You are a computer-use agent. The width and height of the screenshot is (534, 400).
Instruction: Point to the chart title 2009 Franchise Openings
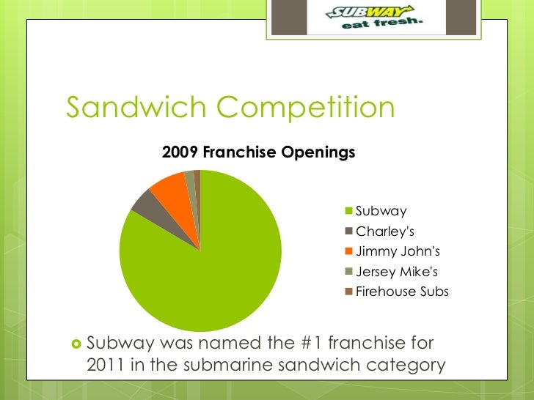click(x=258, y=152)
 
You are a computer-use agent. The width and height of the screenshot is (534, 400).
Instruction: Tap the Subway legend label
click(x=381, y=212)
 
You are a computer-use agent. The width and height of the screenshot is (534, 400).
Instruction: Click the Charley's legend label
click(x=385, y=232)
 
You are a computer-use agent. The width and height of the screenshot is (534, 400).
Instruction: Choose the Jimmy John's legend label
click(x=398, y=252)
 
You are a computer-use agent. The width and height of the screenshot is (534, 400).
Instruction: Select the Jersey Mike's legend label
click(x=397, y=272)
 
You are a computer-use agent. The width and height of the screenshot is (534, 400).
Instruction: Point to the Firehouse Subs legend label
click(x=402, y=292)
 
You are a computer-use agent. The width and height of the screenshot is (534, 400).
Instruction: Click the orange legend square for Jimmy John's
click(x=349, y=252)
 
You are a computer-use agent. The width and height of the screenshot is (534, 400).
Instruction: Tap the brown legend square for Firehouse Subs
click(x=349, y=292)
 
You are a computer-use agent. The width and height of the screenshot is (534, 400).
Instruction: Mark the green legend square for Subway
click(x=349, y=212)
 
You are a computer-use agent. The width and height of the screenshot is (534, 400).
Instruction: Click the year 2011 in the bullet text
click(x=108, y=364)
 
